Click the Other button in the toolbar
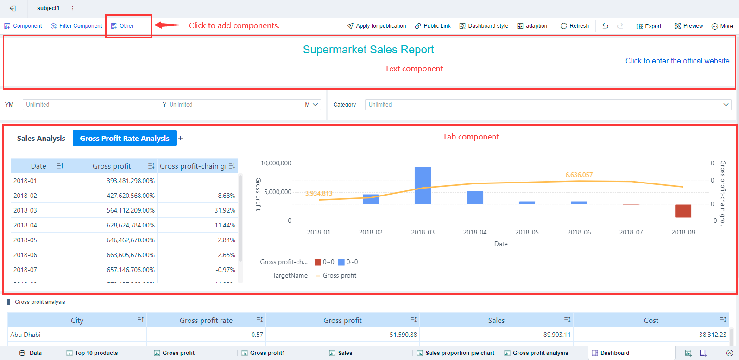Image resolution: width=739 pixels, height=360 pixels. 123,26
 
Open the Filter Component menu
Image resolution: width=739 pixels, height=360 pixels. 76,26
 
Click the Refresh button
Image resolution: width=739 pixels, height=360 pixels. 575,26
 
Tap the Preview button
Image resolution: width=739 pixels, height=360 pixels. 689,26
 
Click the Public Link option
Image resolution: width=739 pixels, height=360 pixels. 433,26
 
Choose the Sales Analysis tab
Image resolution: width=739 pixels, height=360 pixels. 41,139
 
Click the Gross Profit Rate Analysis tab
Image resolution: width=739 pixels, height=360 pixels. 124,139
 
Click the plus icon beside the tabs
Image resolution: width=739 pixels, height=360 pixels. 181,138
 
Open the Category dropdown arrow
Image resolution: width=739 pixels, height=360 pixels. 726,105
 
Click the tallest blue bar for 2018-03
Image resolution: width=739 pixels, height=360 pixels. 423,185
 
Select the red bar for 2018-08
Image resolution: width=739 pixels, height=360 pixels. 683,211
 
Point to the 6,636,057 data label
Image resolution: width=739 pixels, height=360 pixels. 579,175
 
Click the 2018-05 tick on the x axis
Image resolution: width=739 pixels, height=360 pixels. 527,232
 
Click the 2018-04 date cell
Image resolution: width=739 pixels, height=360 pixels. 25,225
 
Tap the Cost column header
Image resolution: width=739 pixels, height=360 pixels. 651,320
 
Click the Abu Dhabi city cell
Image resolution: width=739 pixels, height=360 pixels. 25,335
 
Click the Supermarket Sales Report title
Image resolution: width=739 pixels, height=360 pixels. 368,50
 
